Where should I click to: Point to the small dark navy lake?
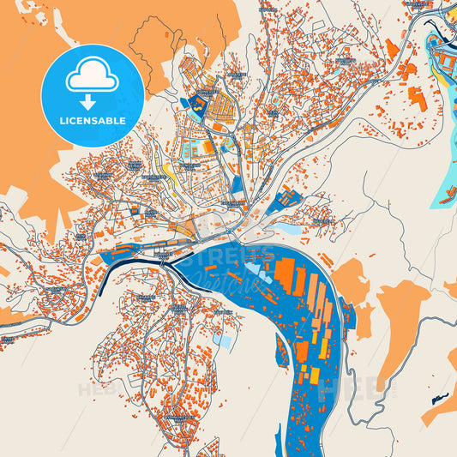click(x=440, y=398)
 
